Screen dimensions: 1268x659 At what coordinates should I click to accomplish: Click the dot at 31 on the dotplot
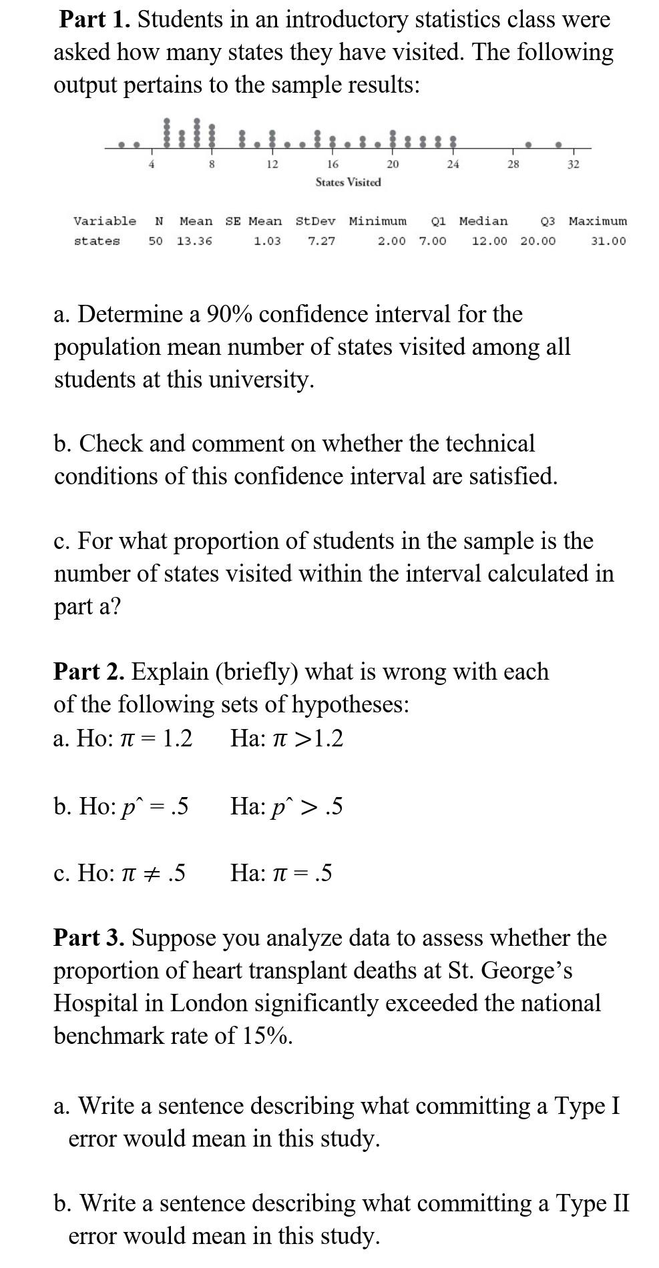[x=559, y=143]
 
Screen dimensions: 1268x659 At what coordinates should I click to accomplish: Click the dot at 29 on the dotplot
[x=528, y=143]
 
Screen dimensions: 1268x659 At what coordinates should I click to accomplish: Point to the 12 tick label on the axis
[x=272, y=164]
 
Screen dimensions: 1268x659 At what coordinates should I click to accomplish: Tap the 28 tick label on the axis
[x=513, y=164]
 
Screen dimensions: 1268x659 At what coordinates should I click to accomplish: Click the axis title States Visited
[x=348, y=182]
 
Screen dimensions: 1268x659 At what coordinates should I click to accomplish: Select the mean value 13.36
[x=194, y=241]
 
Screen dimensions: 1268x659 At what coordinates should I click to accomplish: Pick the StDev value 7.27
[x=322, y=241]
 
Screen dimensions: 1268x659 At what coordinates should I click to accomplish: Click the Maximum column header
[x=598, y=221]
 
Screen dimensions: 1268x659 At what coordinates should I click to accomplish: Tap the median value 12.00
[x=489, y=241]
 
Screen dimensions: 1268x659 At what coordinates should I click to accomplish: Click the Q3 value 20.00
[x=537, y=241]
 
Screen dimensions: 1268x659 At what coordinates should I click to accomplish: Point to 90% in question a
[x=229, y=313]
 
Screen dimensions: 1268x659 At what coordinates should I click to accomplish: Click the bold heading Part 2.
[x=89, y=671]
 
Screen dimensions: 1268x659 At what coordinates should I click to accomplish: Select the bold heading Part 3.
[x=89, y=937]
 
